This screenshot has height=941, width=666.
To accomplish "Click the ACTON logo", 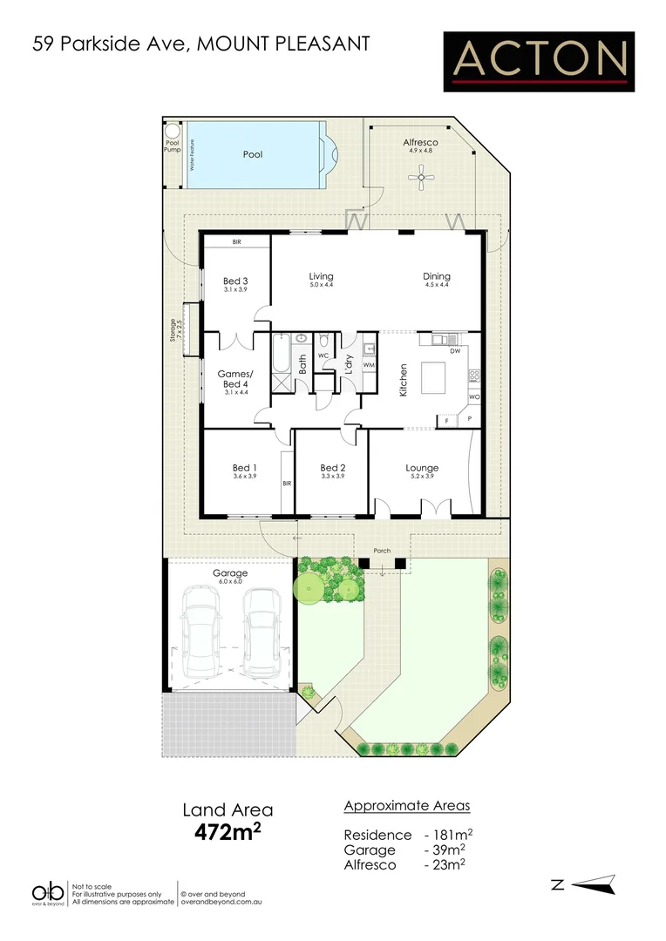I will pos(539,60).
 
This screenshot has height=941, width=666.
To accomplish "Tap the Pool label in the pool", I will pos(253,154).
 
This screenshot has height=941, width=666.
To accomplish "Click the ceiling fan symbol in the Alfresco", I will pos(421,180).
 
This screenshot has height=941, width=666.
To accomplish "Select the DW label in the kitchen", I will pos(455,351).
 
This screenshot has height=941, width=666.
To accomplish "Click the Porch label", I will pos(381,551).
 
